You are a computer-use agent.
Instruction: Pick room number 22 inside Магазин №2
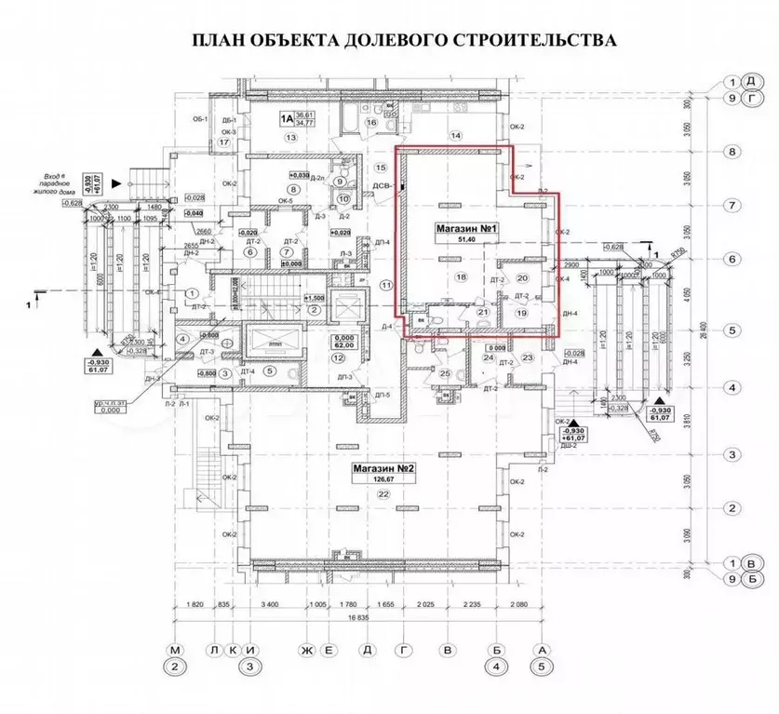(383, 495)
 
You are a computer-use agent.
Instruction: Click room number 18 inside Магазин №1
(460, 277)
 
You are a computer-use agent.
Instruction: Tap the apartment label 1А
(288, 118)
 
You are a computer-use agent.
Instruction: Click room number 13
(290, 137)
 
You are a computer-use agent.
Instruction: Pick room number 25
(445, 373)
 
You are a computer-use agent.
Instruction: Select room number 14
(456, 136)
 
